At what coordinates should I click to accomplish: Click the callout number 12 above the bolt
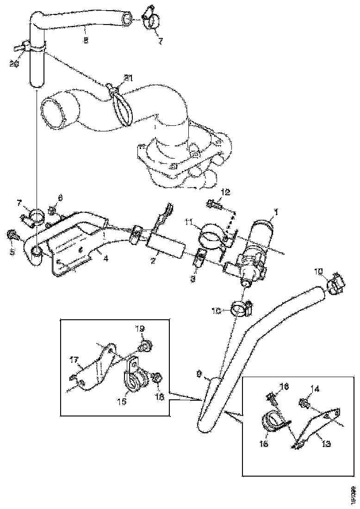coord(225,192)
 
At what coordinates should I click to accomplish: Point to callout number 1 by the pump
coord(276,212)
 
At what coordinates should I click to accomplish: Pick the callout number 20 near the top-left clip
coord(13,64)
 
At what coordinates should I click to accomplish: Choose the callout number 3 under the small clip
coord(194,279)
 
